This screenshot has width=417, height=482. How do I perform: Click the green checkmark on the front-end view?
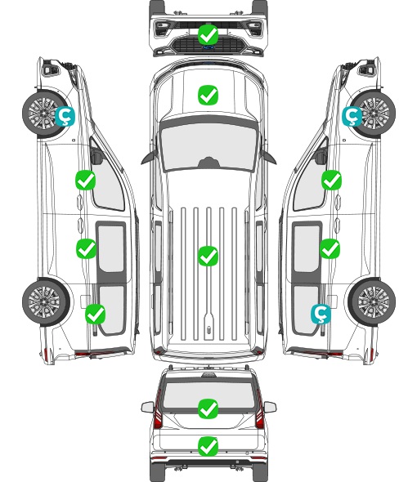click(208, 35)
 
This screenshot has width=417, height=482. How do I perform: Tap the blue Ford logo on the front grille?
click(208, 47)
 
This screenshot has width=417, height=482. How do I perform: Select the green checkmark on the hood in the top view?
click(208, 95)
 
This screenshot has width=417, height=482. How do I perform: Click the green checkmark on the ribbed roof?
click(208, 256)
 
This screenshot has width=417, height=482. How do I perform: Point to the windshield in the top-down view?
click(208, 146)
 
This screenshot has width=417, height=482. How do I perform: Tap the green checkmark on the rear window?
click(208, 408)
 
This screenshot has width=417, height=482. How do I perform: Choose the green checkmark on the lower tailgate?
click(208, 446)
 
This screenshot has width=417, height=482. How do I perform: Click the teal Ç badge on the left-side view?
click(65, 116)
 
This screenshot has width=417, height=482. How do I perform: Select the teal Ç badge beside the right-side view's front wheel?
click(352, 116)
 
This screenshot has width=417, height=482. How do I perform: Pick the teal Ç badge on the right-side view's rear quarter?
click(321, 315)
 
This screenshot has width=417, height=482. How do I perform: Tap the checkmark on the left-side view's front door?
click(86, 180)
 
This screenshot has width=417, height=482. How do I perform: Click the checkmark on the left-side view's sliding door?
click(86, 248)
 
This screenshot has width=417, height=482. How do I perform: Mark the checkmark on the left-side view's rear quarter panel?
click(96, 314)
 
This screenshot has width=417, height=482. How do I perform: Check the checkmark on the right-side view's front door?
click(331, 180)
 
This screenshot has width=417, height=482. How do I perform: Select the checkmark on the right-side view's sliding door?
click(330, 248)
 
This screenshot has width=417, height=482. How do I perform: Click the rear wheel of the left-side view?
click(45, 301)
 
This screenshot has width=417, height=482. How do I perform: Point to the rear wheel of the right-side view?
click(373, 301)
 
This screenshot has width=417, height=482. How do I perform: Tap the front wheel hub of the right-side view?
click(374, 113)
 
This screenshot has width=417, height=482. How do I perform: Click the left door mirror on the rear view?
click(147, 408)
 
